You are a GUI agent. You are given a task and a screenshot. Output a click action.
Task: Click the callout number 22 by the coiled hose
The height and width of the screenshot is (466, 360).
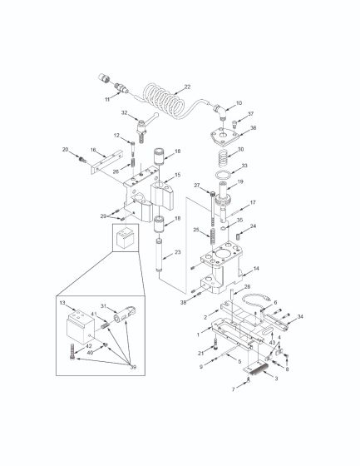coord(187,87)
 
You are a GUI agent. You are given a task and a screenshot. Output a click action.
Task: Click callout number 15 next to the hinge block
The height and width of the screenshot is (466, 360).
coord(177,176)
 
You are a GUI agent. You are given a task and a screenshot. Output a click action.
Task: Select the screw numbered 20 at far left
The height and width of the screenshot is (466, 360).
coord(81,156)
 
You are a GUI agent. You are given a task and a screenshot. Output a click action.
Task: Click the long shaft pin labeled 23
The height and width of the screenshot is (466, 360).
coord(158,254)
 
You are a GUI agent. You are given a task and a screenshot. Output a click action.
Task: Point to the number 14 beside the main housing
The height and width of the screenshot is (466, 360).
coord(256,269)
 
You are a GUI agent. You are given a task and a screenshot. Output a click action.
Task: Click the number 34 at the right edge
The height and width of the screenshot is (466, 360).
coord(301,317)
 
